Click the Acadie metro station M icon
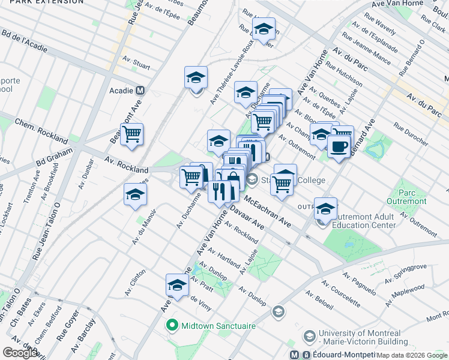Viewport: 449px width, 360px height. [140, 91]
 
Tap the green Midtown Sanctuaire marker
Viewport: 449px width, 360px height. [172, 326]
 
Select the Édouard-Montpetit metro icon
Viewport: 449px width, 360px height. [294, 355]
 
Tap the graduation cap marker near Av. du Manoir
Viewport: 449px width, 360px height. [136, 194]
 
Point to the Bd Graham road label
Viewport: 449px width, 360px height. [53, 161]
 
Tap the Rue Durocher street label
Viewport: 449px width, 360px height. [411, 134]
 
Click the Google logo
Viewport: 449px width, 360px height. [20, 353]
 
